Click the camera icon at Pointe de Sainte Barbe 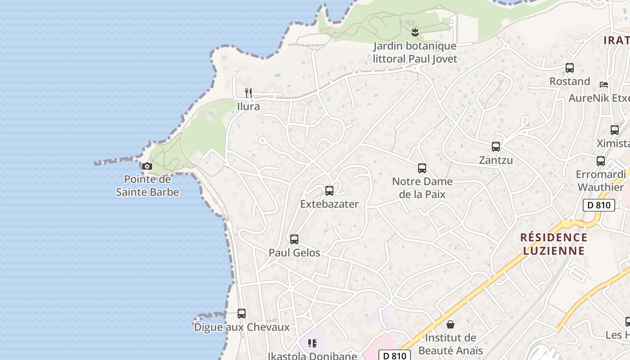coord(147,166)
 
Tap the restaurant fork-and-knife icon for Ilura coord(248,93)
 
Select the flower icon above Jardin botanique coord(415,32)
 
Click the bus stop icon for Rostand coord(570,68)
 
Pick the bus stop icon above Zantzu coord(496,147)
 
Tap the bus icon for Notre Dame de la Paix coord(422,168)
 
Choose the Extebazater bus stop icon coord(329,191)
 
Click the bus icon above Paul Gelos coord(294,239)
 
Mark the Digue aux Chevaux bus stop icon coord(242,314)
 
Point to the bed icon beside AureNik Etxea coord(604,85)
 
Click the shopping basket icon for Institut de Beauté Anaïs coord(450,324)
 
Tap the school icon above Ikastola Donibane coord(312,344)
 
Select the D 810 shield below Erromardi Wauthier coord(599,205)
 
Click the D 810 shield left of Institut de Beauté coord(394,355)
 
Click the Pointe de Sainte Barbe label coord(147,186)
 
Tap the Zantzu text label coord(496,160)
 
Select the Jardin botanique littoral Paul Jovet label coord(415,52)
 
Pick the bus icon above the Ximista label coord(615,130)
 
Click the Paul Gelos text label coord(294,253)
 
